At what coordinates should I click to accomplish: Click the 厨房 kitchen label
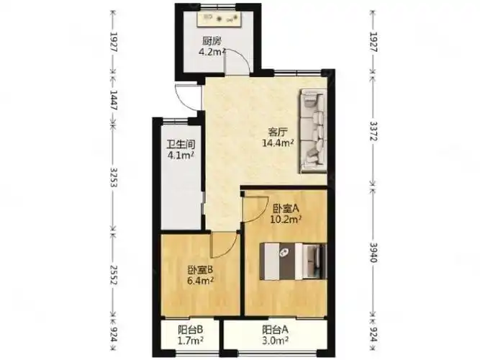(212, 41)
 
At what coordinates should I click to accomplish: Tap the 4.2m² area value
(212, 51)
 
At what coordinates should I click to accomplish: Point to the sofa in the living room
(313, 131)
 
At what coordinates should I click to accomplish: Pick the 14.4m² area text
(279, 143)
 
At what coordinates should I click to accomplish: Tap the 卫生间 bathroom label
(181, 144)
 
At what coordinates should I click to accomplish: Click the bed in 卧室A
(294, 261)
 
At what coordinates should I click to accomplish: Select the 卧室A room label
(285, 209)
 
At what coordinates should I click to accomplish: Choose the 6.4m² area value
(201, 280)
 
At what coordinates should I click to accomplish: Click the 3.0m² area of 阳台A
(275, 340)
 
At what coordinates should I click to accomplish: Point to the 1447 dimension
(114, 101)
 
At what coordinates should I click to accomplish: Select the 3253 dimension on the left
(114, 178)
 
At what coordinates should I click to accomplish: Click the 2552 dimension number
(114, 275)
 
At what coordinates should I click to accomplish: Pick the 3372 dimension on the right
(373, 131)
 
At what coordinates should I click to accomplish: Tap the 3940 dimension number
(373, 253)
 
